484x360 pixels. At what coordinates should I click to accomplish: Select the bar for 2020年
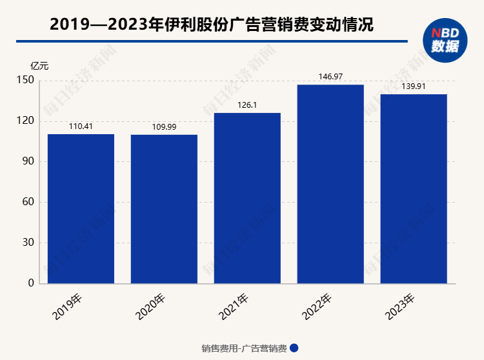coord(164,209)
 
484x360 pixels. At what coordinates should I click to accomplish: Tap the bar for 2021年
coord(247,198)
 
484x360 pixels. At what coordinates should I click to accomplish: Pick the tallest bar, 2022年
coord(330,184)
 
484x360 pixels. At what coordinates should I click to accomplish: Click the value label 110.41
coord(81,126)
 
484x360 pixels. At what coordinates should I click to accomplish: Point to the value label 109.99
coord(164,127)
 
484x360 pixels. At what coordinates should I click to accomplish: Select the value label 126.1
coord(247,105)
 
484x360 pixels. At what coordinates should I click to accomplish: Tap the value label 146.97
coord(330,77)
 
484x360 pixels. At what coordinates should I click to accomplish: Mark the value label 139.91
coord(414,86)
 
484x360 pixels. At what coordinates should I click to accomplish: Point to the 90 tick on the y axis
coord(27,162)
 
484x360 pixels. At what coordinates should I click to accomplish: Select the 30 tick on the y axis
coord(27,243)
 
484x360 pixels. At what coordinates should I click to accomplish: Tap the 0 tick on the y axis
coord(30,284)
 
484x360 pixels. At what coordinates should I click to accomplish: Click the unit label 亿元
coord(39,66)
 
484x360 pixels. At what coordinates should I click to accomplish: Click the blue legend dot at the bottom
coord(294,348)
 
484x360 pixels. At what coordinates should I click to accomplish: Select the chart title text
coord(211,25)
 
